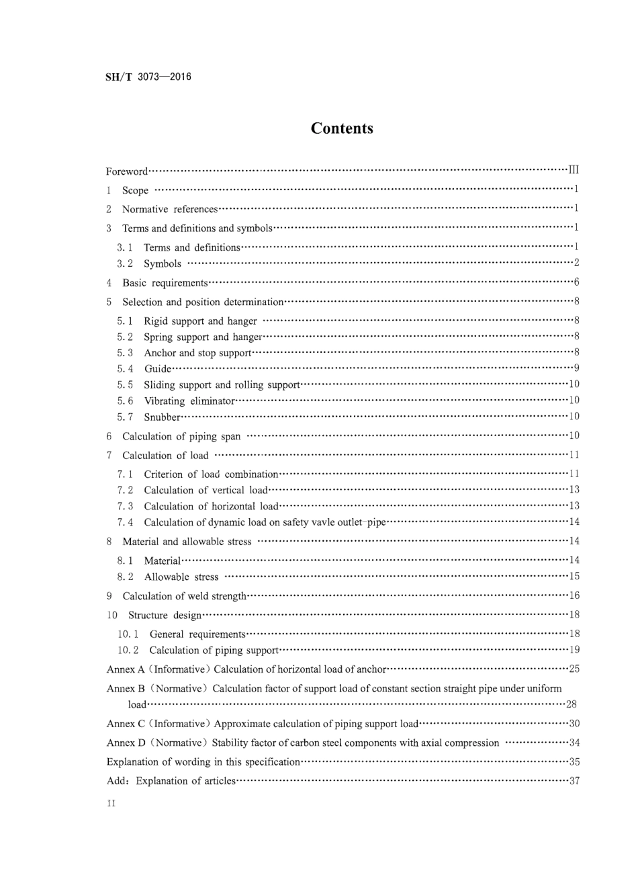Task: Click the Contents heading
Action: point(342,128)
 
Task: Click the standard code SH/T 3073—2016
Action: point(148,77)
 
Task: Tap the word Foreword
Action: point(126,171)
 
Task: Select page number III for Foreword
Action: point(574,169)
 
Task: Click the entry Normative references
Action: point(170,210)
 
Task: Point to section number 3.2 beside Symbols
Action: point(125,263)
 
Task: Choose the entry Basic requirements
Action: point(165,282)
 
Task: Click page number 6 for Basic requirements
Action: point(576,282)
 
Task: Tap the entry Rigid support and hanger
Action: point(200,321)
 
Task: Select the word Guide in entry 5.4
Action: point(158,368)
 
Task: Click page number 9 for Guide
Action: point(576,368)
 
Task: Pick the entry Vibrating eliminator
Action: point(189,401)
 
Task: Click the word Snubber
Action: point(163,417)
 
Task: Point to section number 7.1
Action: point(125,474)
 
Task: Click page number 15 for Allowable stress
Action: point(574,576)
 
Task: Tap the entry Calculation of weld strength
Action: point(184,596)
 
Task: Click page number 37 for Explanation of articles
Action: point(574,780)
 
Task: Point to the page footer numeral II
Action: point(111,804)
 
